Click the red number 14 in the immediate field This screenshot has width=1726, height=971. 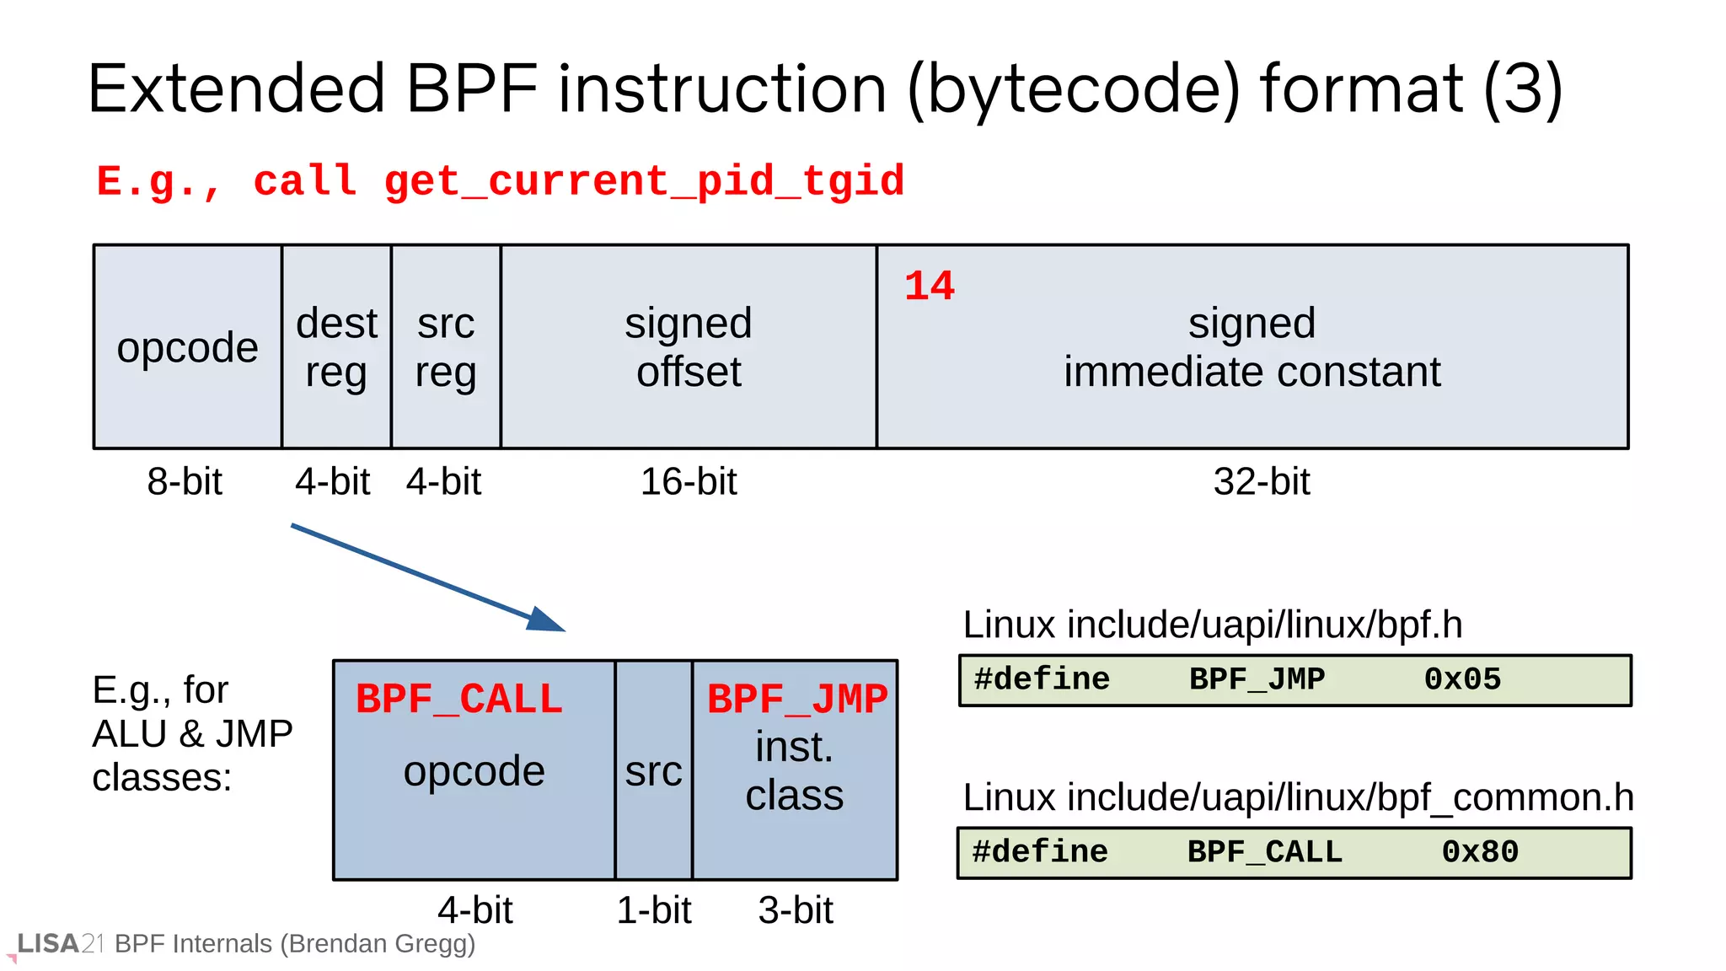(x=929, y=286)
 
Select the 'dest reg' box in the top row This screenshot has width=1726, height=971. (x=336, y=346)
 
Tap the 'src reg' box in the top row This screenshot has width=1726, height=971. (x=446, y=346)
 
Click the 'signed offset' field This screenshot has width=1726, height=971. (x=688, y=346)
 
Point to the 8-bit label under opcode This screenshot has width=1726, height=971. (x=185, y=481)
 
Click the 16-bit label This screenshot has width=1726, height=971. (x=688, y=481)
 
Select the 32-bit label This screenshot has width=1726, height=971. (x=1261, y=481)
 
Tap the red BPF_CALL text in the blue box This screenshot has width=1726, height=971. (x=458, y=699)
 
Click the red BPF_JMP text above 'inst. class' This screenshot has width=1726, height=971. (x=796, y=699)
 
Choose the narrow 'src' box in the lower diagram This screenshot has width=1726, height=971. (x=653, y=770)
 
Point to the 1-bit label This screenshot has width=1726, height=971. (x=653, y=909)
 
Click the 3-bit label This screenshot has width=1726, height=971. (x=795, y=909)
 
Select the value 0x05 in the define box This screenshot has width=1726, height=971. (x=1462, y=679)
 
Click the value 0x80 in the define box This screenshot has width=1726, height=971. (x=1479, y=851)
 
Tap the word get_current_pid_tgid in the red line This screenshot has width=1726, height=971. (x=644, y=181)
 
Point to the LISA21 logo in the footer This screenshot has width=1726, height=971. (x=59, y=943)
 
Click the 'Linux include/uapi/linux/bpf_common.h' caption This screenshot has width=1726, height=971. (x=1298, y=797)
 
